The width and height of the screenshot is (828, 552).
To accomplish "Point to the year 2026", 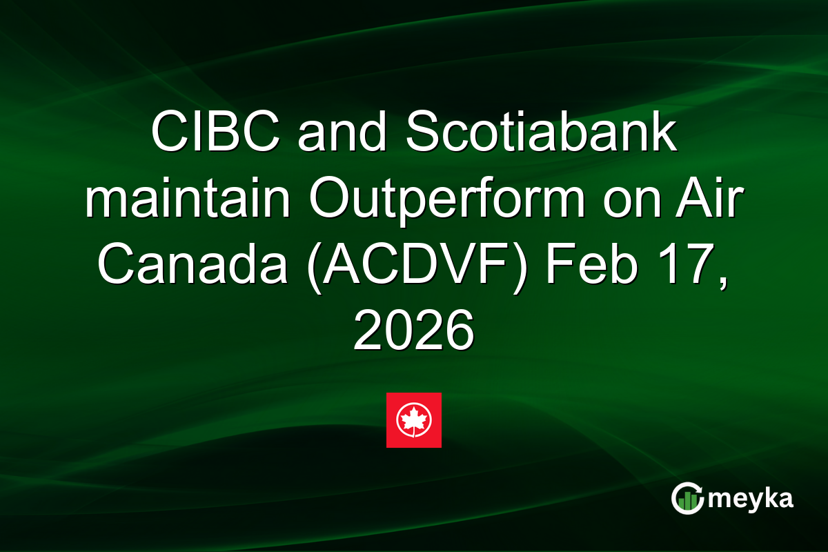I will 413,329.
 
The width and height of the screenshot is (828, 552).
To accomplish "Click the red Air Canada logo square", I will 413,420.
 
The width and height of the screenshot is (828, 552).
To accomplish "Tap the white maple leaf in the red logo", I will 413,418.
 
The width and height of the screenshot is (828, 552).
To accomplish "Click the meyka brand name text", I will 752,498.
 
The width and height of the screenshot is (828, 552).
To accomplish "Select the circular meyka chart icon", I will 687,498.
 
